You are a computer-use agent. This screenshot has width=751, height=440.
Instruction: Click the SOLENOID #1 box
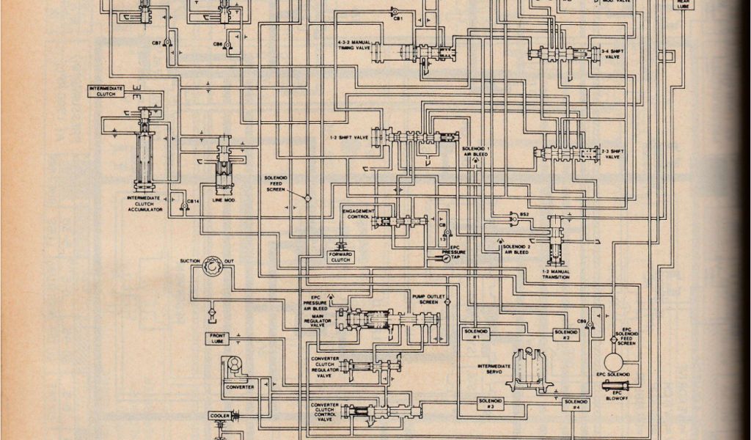tap(476, 333)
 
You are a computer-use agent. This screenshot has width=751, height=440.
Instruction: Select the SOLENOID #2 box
tap(566, 334)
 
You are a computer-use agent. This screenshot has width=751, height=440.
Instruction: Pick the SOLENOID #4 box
tap(576, 404)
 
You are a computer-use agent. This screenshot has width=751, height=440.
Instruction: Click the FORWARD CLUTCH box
tap(341, 257)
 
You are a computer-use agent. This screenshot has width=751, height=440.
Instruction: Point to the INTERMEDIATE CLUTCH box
tap(106, 91)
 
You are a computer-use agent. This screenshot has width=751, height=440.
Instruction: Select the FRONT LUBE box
tap(219, 338)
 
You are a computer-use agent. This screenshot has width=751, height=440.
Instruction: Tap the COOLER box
tap(221, 416)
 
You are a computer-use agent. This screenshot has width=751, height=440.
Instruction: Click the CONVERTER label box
tap(240, 386)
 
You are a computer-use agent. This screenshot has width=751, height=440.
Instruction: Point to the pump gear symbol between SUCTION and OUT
tap(214, 265)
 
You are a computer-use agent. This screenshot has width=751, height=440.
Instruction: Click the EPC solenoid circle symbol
tap(615, 362)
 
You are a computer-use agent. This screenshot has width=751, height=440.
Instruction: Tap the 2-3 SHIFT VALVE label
tap(612, 153)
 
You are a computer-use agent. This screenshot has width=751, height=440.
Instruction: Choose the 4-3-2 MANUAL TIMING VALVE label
tap(354, 45)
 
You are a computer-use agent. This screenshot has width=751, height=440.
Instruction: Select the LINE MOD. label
tap(223, 199)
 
